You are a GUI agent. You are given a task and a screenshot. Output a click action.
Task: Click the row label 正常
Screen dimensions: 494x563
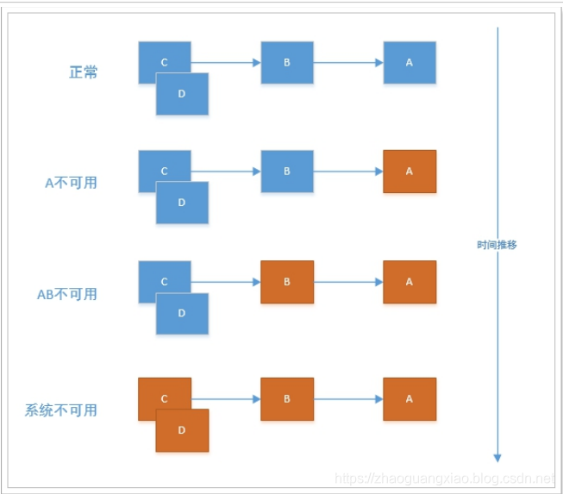point(84,72)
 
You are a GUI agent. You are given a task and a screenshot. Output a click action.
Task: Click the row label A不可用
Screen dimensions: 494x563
point(72,183)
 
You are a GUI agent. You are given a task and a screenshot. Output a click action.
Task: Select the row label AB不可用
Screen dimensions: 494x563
point(67,294)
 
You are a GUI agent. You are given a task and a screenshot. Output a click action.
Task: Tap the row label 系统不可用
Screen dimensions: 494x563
point(61,410)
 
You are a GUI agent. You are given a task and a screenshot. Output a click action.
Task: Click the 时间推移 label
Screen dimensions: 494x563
point(497,245)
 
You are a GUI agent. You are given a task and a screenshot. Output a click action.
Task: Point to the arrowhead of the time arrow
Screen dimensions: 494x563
point(497,457)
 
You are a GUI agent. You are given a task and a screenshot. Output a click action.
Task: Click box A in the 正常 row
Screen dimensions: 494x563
point(410,62)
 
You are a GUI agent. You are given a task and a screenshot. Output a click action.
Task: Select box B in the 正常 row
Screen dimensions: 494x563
point(287,62)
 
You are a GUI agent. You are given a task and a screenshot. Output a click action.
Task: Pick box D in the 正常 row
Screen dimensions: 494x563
point(182,95)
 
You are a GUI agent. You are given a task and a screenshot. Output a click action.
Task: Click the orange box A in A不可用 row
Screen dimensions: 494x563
point(410,171)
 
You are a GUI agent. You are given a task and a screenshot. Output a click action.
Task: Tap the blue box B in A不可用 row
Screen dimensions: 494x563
point(287,171)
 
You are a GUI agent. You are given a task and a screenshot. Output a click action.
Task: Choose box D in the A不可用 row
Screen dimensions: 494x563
point(182,203)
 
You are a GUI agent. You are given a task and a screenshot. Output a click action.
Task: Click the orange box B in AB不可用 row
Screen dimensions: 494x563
point(287,282)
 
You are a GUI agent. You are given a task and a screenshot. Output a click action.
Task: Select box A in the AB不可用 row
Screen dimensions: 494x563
point(410,282)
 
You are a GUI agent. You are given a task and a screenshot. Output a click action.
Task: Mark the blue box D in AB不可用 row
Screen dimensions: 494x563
point(182,315)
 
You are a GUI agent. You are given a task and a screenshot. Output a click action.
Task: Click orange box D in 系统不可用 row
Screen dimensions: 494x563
point(182,431)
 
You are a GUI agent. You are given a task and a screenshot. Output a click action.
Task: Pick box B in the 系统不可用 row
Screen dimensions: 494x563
point(287,399)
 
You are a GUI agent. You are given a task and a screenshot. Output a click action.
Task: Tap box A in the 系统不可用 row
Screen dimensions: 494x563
point(410,399)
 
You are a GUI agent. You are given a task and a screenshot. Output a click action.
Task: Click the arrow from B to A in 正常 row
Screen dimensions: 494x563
point(348,62)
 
